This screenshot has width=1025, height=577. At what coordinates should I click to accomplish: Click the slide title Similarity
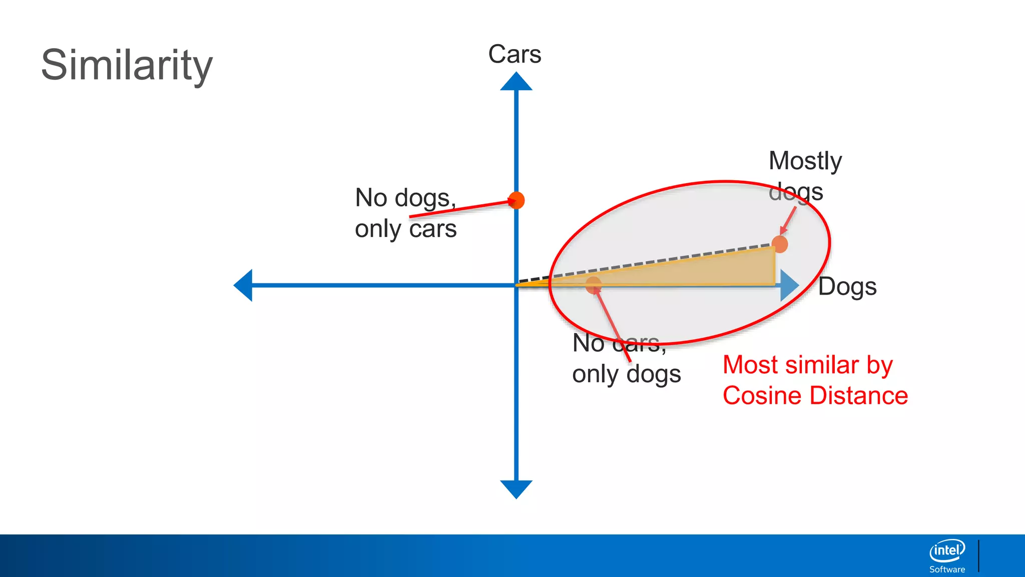127,65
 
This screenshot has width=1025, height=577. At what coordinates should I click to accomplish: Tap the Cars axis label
515,54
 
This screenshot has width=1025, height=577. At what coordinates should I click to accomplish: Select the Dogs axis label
847,287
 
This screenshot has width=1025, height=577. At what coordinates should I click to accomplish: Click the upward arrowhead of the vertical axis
516,81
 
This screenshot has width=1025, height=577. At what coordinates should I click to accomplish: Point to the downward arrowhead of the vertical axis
516,489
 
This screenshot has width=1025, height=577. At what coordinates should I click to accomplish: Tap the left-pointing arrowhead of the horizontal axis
243,285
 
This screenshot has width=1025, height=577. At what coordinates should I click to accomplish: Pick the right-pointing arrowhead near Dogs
789,285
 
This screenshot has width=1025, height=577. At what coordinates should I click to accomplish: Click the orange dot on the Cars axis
516,200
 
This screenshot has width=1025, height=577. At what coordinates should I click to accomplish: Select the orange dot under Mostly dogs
779,244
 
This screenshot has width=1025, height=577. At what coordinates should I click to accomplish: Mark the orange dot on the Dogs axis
594,285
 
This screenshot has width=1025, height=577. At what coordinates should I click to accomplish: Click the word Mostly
805,161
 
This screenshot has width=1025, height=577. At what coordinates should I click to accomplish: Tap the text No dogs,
405,198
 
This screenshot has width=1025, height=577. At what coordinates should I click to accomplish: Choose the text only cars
406,229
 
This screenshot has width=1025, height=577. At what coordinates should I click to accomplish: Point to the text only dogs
627,374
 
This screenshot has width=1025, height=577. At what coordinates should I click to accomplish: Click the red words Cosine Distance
815,396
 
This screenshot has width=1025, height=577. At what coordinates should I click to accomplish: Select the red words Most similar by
808,365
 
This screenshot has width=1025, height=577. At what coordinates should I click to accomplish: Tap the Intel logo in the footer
947,550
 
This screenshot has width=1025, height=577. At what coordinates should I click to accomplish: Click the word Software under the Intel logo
947,569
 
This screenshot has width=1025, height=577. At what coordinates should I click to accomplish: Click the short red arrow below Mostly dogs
788,221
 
